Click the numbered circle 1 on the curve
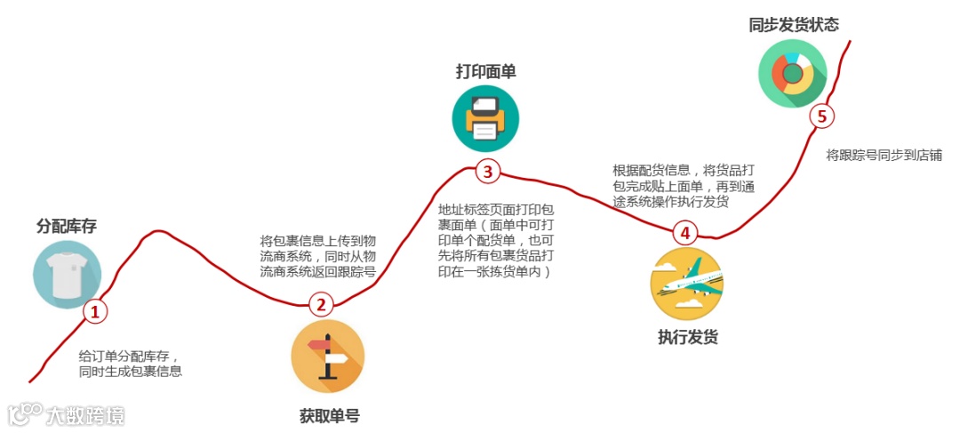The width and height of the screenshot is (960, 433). [x=94, y=311]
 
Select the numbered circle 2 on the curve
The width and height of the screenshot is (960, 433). [x=322, y=305]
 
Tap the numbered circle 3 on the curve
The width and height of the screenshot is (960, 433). [x=487, y=171]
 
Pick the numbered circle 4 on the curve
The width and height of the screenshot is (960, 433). [x=684, y=233]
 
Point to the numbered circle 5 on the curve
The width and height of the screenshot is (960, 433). [x=821, y=116]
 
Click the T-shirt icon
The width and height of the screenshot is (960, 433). [x=67, y=274]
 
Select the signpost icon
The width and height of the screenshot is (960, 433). [x=327, y=356]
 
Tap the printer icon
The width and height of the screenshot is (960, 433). [x=485, y=119]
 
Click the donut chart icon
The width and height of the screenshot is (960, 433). [x=792, y=74]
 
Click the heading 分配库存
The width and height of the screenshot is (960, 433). [x=67, y=226]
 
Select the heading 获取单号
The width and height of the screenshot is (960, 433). [x=330, y=415]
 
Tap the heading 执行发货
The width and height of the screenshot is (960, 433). [x=687, y=337]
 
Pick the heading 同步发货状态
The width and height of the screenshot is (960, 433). [x=794, y=24]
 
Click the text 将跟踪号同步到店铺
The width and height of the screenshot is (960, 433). [x=884, y=155]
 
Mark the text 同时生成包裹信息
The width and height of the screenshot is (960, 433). [x=131, y=371]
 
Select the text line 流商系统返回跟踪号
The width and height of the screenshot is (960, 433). [x=317, y=271]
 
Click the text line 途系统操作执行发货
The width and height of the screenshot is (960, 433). [x=670, y=202]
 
